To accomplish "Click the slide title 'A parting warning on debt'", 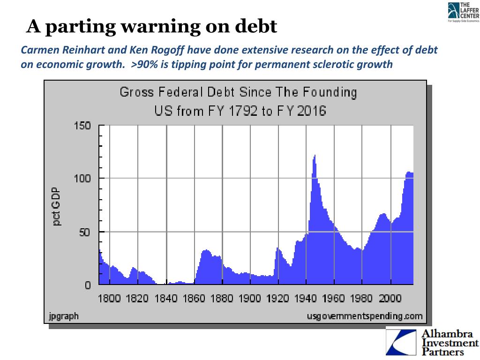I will [151, 27].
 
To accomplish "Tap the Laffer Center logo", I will [463, 12].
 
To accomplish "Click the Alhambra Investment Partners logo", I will [431, 342].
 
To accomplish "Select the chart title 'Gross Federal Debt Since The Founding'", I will [238, 92].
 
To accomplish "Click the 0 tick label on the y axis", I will [87, 285].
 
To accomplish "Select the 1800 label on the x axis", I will [109, 298].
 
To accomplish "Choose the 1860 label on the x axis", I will [194, 298].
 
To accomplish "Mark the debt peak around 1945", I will [315, 156].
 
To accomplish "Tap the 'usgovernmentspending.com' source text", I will [365, 316].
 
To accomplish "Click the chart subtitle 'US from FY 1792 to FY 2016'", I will [240, 112].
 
